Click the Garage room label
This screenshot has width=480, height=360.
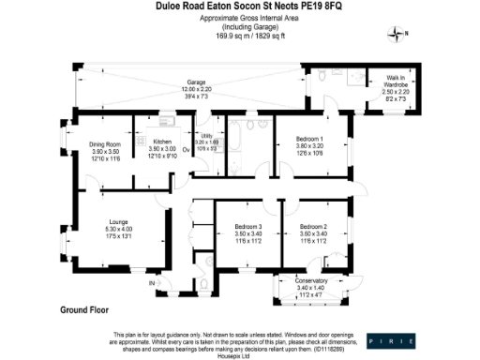(195, 82)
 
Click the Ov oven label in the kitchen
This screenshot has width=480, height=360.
(185, 148)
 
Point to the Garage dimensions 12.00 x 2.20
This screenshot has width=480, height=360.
(195, 88)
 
